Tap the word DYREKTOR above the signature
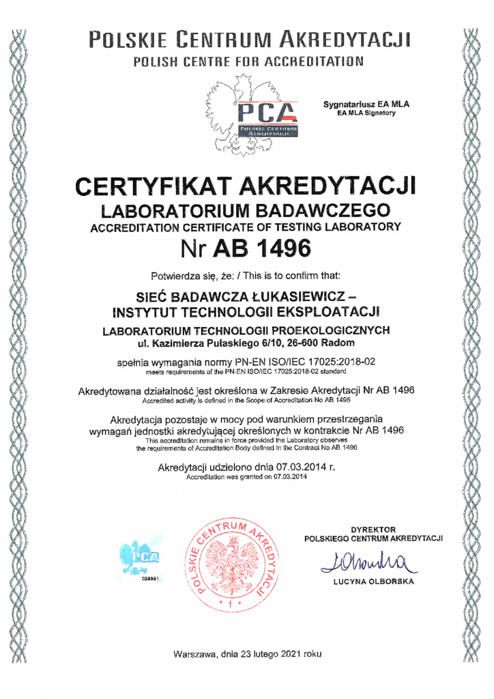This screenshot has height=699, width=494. pyautogui.click(x=373, y=529)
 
